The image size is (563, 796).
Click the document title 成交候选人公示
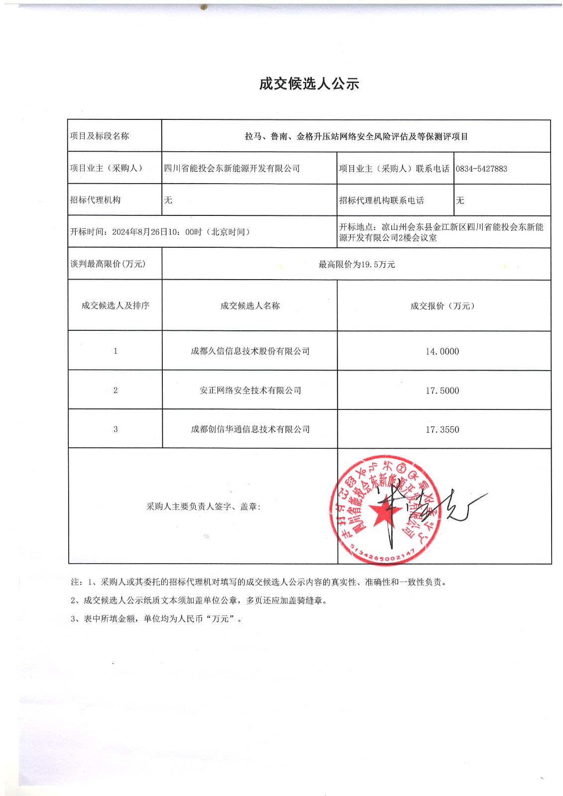(309, 84)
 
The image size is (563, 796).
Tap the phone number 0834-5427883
(481, 169)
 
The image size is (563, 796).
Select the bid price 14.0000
(442, 351)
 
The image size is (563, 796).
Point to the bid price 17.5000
(442, 391)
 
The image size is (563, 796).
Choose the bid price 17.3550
(442, 429)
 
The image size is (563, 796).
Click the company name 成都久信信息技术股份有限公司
(250, 351)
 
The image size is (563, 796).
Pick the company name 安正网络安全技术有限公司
(250, 391)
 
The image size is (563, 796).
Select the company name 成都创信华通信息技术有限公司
(250, 429)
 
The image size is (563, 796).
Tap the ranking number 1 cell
(115, 351)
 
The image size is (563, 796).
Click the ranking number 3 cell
(115, 429)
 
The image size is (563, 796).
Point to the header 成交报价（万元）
(442, 306)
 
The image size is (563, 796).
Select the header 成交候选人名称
(250, 306)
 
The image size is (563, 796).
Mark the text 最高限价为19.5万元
(356, 265)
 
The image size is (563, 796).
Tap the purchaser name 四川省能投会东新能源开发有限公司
(232, 169)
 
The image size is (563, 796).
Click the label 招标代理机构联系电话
(381, 200)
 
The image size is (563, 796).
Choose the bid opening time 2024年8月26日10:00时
(159, 232)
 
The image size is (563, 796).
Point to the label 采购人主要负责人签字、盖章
(203, 506)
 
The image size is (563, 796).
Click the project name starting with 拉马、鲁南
(356, 136)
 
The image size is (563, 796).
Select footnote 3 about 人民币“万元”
(156, 619)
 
